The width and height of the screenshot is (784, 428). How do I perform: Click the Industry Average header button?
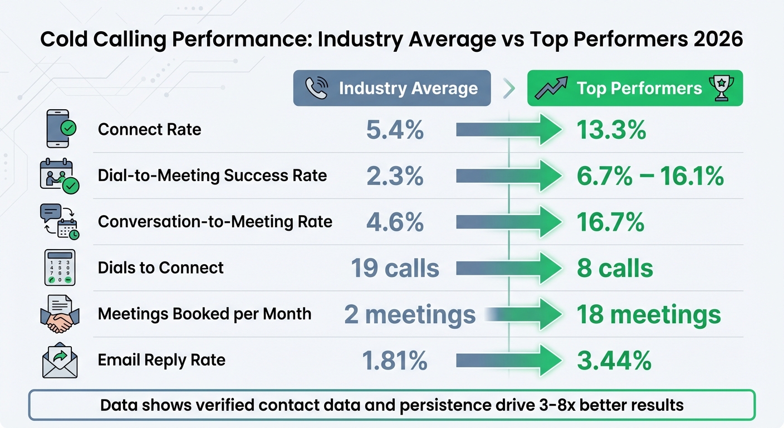coord(392,88)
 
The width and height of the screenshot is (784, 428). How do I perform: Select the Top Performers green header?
coord(635,88)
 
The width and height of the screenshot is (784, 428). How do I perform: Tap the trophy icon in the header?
coord(721,88)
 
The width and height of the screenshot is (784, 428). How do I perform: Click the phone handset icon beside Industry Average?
coord(316,88)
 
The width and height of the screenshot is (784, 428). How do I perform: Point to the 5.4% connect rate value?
coord(395,130)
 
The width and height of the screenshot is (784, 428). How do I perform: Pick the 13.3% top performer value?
coord(611,130)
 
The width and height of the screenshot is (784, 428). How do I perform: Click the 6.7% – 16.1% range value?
coord(650,176)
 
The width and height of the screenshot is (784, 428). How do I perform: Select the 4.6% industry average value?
coord(395,222)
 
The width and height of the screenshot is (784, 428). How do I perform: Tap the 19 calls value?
coord(395,268)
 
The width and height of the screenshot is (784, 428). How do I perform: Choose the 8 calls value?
coord(615,268)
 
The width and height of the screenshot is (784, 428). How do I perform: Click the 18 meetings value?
coord(649,314)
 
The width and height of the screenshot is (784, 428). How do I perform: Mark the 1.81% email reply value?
coord(395,361)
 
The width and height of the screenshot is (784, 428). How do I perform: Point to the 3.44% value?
coord(614,361)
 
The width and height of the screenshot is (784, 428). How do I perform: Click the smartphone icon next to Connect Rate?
coord(59,129)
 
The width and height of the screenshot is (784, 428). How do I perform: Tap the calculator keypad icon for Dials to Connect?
coord(60,267)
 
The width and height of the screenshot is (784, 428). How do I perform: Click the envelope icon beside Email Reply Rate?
coord(60,361)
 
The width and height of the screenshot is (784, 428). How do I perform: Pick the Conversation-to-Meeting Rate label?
coord(215,222)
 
